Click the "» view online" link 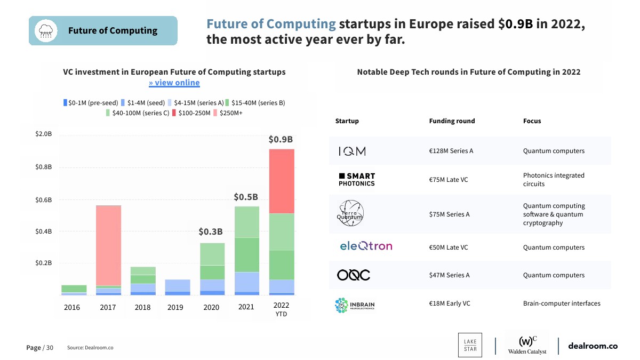point(174,83)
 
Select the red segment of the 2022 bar point(281,181)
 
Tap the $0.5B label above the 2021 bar point(246,197)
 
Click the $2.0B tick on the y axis point(43,134)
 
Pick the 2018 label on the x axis point(142,307)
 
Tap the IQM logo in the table point(352,151)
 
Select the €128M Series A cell point(451,151)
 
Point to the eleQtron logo point(366,246)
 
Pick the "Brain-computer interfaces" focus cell point(562,303)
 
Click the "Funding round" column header point(452,121)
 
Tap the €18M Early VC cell point(450,303)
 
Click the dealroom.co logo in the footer point(593,346)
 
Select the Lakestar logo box point(470,345)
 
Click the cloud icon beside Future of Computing point(45,30)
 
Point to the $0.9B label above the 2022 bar point(281,140)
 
